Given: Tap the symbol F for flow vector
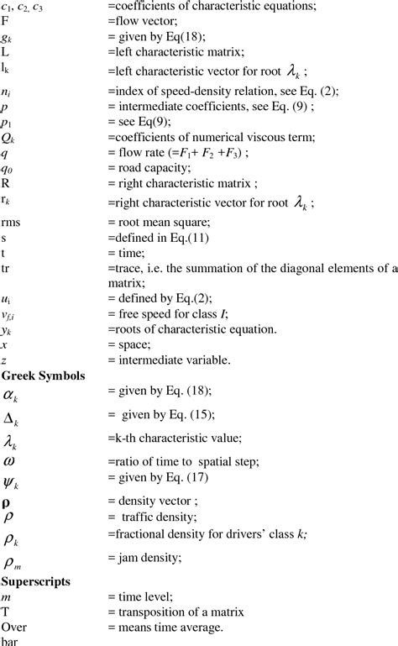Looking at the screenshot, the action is [x=5, y=23].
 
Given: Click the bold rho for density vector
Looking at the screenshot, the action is [x=5, y=502].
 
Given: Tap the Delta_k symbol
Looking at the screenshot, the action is [x=10, y=418].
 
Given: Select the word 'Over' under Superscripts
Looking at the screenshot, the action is [x=13, y=627].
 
